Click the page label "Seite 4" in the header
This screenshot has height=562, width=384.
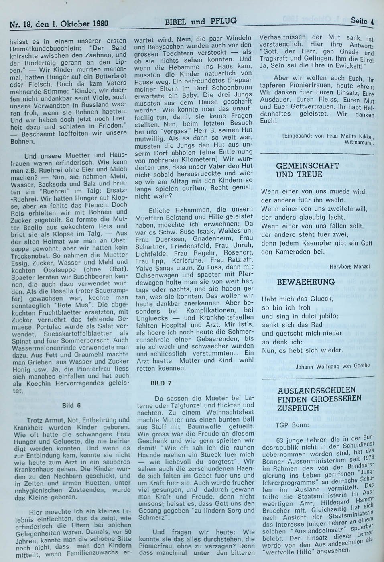coord(362,22)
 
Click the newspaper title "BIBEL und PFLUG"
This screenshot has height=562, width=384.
coord(201,21)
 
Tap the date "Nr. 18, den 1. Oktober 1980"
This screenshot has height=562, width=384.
coord(59,23)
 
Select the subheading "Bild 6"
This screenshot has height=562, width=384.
coord(71,405)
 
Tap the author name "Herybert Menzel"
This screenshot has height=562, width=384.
coord(350,266)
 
